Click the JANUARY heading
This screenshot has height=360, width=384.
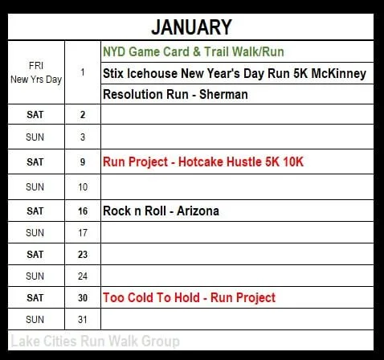pyautogui.click(x=192, y=27)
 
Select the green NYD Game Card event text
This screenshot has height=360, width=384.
pyautogui.click(x=194, y=51)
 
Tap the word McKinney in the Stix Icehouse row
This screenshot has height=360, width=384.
pyautogui.click(x=336, y=73)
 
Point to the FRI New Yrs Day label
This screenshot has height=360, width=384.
pyautogui.click(x=35, y=72)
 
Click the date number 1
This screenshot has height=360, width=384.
pyautogui.click(x=84, y=72)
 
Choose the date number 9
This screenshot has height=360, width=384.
pyautogui.click(x=84, y=162)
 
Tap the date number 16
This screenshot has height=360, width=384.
pyautogui.click(x=84, y=211)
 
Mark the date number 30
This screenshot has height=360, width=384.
pyautogui.click(x=84, y=297)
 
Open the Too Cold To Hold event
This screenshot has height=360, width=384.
pyautogui.click(x=189, y=297)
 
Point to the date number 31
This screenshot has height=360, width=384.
pyautogui.click(x=84, y=319)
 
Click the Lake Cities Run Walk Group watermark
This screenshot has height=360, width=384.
pyautogui.click(x=96, y=342)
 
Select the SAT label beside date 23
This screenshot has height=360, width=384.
pyautogui.click(x=35, y=254)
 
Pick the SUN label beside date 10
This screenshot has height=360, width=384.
pyautogui.click(x=35, y=186)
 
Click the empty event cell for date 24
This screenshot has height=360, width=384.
pyautogui.click(x=237, y=276)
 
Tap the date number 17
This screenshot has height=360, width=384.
pyautogui.click(x=84, y=233)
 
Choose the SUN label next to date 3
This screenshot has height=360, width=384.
pyautogui.click(x=35, y=137)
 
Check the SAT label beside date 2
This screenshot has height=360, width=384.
pyautogui.click(x=35, y=116)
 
